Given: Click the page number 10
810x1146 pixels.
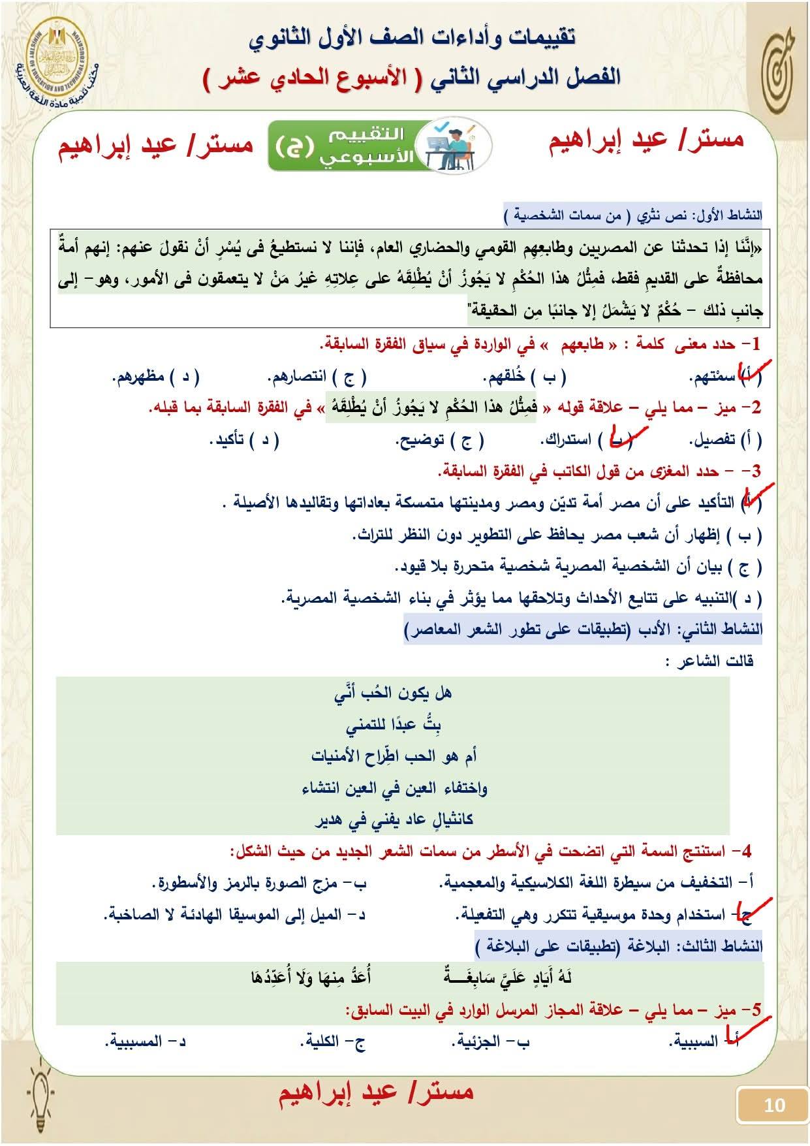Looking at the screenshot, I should coord(773,1105).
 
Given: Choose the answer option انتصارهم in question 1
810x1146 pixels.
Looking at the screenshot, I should coord(296,377).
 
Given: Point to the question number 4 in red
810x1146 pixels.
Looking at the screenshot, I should coord(747,851).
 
